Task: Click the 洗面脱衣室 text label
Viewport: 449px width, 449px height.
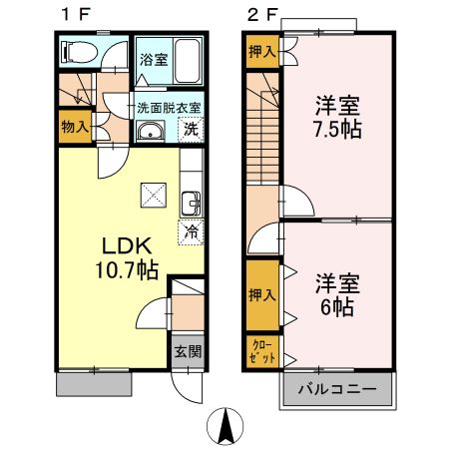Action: [169, 107]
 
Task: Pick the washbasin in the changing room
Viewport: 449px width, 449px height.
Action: [151, 132]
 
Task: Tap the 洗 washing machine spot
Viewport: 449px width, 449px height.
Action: [190, 129]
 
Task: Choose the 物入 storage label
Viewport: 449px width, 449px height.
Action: [74, 127]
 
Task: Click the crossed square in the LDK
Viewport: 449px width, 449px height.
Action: [153, 193]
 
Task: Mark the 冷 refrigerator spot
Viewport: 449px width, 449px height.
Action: [190, 231]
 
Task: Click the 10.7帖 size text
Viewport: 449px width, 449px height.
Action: [124, 268]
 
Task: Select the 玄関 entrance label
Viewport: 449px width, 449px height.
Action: [187, 351]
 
